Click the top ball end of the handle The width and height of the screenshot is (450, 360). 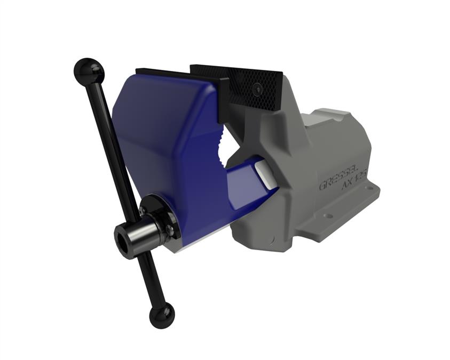pyautogui.click(x=88, y=70)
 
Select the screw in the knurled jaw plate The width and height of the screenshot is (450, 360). pyautogui.click(x=258, y=89)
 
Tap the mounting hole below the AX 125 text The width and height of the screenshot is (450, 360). pyautogui.click(x=368, y=188)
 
